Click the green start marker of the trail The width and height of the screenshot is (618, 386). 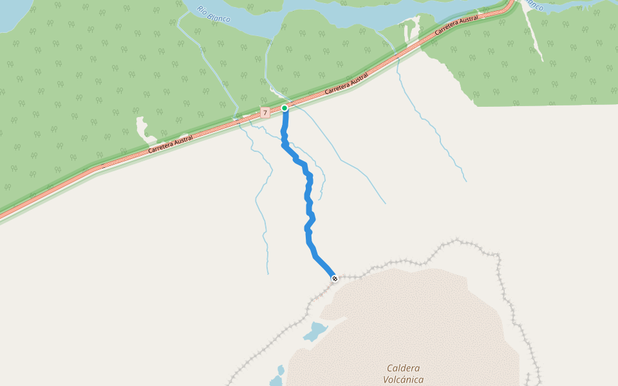pos(285,108)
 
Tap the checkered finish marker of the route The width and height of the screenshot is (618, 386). pos(334,279)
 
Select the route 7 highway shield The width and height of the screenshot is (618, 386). pos(265,113)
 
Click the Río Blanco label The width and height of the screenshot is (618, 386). pos(214,14)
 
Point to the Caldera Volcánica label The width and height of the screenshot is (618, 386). pos(404,374)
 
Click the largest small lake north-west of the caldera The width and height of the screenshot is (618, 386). pos(315,332)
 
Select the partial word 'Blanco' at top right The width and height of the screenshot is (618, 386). pos(534,5)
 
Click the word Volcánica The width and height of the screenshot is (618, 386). pos(404,380)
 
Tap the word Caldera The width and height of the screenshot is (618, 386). pos(404,368)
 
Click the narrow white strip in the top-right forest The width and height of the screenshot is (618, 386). pos(533,35)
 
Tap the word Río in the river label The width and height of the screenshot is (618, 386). pos(203,10)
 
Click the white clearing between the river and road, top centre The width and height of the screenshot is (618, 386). pos(411,30)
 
